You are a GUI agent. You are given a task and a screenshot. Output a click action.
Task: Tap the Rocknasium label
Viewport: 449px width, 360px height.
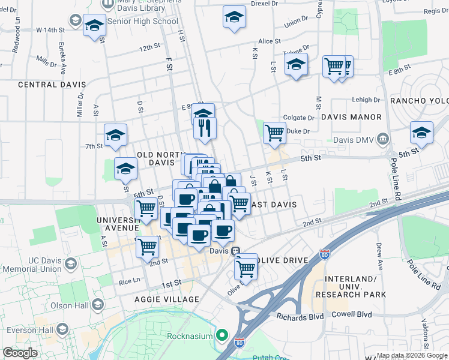(x=190, y=335)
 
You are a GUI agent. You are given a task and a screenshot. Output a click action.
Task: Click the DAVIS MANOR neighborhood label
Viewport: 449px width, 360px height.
(x=351, y=117)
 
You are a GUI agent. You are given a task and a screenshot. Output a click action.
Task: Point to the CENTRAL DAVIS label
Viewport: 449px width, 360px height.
(x=52, y=85)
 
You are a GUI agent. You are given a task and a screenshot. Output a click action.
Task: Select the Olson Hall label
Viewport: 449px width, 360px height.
(x=70, y=305)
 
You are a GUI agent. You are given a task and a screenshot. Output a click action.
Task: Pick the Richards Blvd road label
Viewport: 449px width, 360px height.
(x=300, y=316)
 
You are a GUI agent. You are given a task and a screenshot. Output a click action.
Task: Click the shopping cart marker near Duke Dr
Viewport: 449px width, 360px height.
(x=274, y=132)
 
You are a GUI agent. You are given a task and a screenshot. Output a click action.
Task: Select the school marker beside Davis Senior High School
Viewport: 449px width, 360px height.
(x=94, y=26)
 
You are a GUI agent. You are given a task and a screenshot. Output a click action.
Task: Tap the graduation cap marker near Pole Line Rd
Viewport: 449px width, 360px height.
(x=421, y=133)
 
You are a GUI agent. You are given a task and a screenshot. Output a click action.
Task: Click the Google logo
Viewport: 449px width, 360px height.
(x=20, y=353)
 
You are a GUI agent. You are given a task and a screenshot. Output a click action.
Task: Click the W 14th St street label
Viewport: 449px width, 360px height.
(x=50, y=29)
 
